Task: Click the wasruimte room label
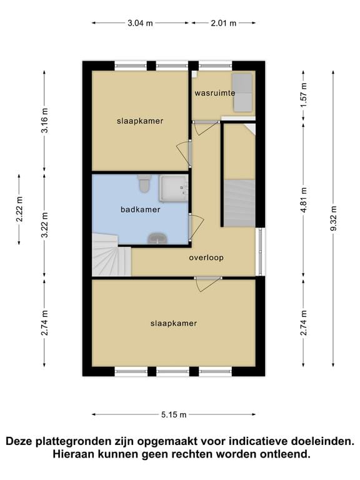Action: [x=215, y=93]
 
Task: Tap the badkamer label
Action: [x=141, y=210]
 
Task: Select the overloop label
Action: [x=206, y=257]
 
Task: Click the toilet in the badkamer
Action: [x=143, y=183]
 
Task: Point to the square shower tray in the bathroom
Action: [x=174, y=188]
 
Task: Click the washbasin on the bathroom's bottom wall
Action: [x=157, y=239]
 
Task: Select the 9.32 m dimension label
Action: [x=333, y=219]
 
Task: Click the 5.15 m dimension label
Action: [x=174, y=415]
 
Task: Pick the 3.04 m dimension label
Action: [x=140, y=23]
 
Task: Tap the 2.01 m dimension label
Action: [x=224, y=23]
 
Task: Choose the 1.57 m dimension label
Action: [x=304, y=96]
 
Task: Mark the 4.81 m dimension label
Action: [x=304, y=200]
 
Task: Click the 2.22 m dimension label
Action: [x=19, y=209]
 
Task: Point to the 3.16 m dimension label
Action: [x=45, y=121]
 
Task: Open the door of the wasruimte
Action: [x=206, y=127]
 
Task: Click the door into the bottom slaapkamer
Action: [x=209, y=284]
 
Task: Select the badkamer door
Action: [x=196, y=226]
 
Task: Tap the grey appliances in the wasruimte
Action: [x=242, y=92]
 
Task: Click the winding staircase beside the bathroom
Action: [x=112, y=255]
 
